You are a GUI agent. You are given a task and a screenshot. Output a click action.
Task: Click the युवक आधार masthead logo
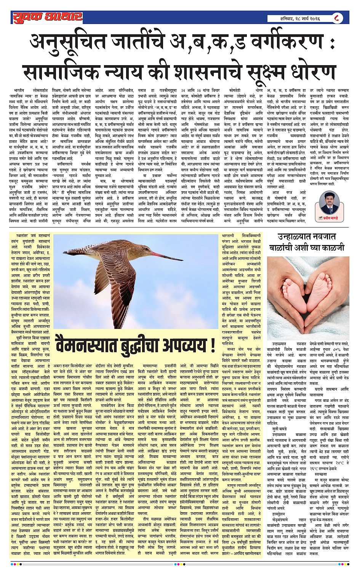pos(46,17)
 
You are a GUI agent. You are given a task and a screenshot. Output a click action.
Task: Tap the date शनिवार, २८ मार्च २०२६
pos(299,18)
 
